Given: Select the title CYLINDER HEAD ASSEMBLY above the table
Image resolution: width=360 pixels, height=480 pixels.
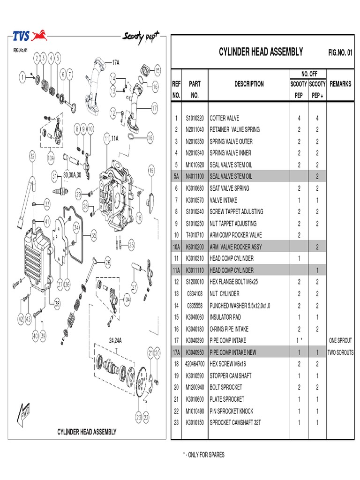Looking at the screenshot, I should (x=261, y=52).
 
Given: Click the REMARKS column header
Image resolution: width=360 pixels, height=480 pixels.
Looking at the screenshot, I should (x=340, y=84).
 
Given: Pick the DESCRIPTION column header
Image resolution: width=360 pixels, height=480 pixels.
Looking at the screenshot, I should (x=249, y=84).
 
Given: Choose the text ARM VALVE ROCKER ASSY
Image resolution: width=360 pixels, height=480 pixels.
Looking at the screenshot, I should (x=238, y=247).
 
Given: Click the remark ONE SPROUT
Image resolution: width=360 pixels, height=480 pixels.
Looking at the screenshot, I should (x=340, y=341).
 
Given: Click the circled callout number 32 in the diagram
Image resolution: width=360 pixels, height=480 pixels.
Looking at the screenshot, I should (x=32, y=156).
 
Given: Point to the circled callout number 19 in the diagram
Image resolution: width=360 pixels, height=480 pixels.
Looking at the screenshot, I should (x=151, y=171).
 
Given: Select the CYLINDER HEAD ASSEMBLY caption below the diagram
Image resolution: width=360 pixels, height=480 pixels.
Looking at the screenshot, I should (x=87, y=432).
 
